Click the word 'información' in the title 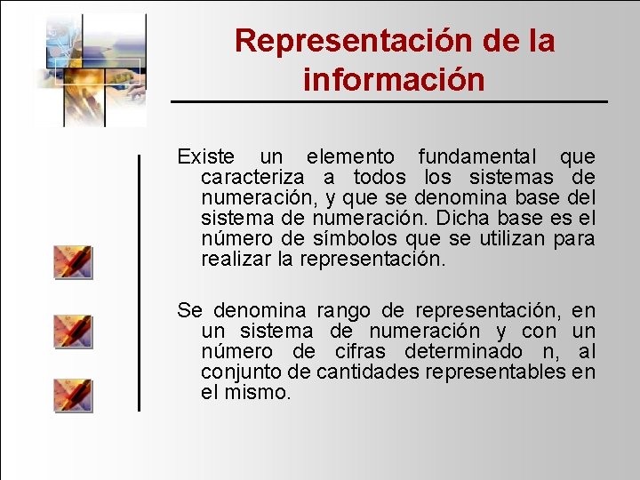tap(394, 80)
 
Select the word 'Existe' tap(206, 157)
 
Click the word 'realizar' tap(236, 260)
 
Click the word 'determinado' tap(470, 351)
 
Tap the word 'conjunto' tap(237, 372)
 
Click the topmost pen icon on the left tap(72, 262)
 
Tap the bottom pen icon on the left tap(72, 395)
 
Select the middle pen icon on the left tap(72, 330)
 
